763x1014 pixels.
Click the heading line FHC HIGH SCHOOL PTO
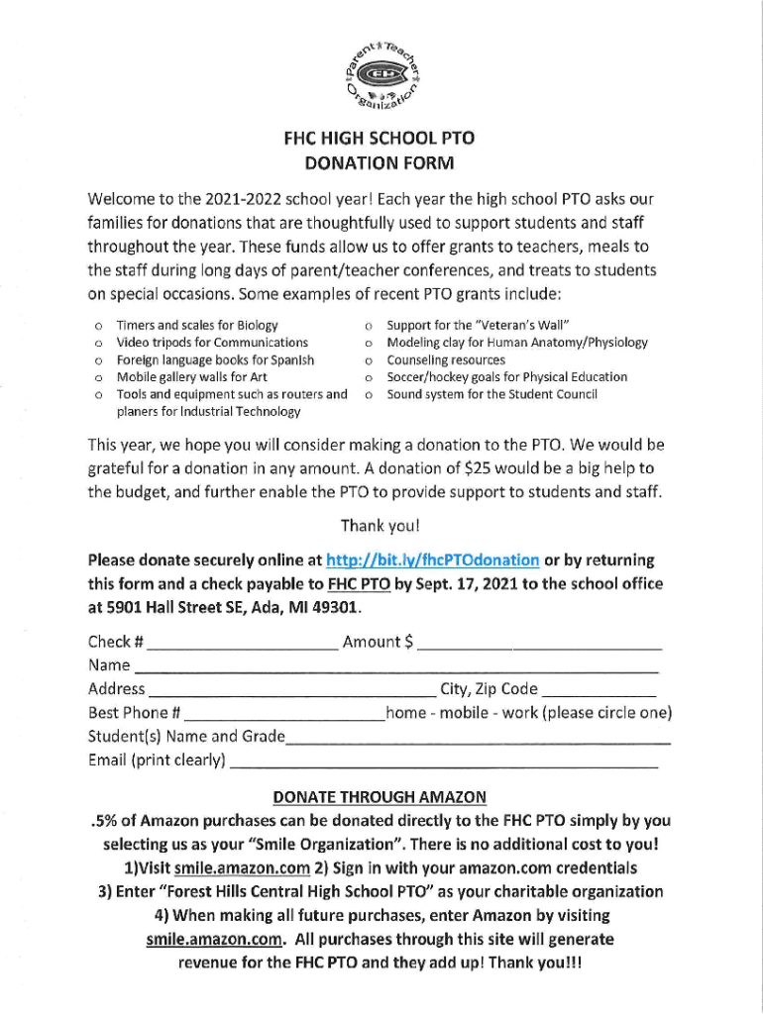point(381,140)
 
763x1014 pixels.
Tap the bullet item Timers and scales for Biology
point(197,325)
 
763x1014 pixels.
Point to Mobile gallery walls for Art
point(192,376)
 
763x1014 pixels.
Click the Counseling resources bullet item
point(445,359)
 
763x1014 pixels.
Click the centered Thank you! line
point(380,525)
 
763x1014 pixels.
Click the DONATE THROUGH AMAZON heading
point(380,796)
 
